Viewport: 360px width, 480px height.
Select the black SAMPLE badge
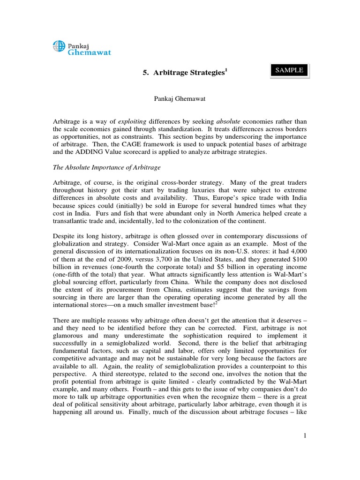[x=289, y=70]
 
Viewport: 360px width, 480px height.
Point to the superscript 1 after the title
[x=225, y=70]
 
